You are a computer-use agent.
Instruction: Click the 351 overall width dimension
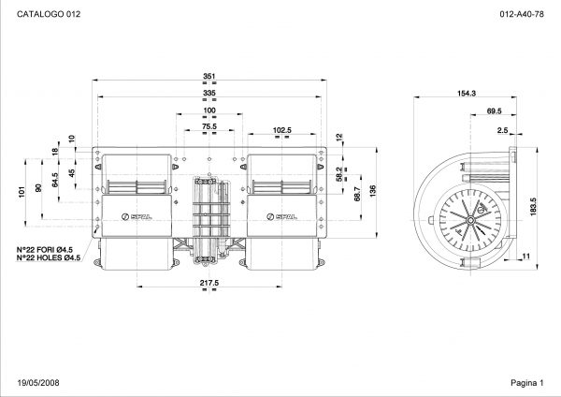pos(209,76)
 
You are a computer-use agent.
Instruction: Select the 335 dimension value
pos(209,93)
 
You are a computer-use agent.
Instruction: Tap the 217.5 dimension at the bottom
pos(209,283)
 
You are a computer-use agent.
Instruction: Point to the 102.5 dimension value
pos(282,130)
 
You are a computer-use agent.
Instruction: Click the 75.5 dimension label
pos(209,126)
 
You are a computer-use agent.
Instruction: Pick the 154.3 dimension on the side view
pos(467,93)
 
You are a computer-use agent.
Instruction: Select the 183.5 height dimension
pos(534,207)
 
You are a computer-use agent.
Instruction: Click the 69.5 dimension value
pos(494,111)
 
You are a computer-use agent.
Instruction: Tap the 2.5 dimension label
pos(503,130)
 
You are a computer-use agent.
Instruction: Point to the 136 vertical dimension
pos(373,191)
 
